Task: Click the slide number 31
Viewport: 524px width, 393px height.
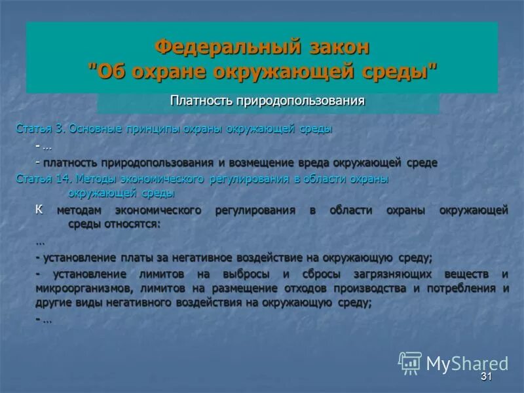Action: coord(485,377)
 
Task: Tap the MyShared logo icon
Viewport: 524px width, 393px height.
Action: coord(410,363)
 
